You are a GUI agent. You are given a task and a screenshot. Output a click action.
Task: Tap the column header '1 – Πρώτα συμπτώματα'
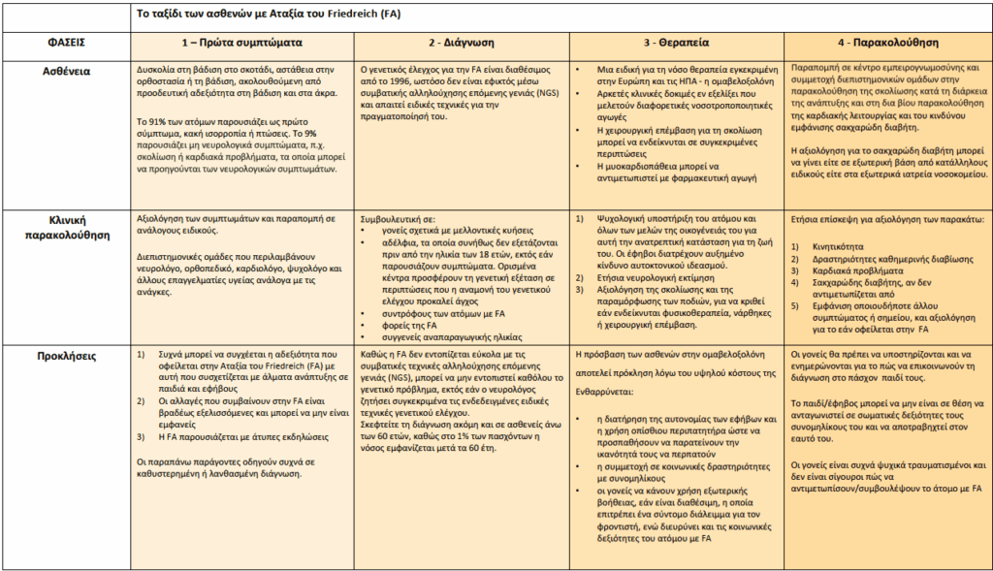[x=242, y=44]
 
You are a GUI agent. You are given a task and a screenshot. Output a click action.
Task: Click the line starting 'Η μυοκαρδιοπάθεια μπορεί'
[x=659, y=165]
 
